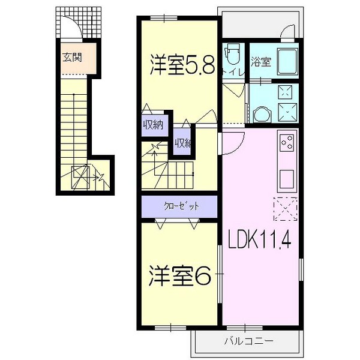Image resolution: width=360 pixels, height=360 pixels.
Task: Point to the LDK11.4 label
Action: (259, 241)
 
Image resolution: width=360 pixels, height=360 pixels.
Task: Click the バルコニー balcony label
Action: (248, 340)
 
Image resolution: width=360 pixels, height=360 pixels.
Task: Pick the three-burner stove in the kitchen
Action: (286, 143)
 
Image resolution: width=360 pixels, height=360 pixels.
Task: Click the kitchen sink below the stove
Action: (286, 178)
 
